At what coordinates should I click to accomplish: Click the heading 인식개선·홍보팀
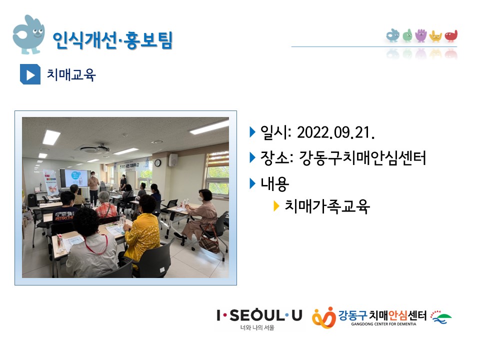point(112,40)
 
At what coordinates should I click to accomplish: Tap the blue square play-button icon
point(30,74)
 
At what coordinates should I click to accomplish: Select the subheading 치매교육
point(71,74)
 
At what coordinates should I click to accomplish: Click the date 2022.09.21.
point(336,132)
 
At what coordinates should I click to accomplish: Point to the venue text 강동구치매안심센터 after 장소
point(362,158)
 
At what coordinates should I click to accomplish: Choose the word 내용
point(274,184)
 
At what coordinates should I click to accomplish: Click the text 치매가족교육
point(327,206)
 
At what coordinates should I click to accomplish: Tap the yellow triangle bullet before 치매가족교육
point(276,206)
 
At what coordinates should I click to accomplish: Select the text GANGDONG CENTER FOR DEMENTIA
point(383,324)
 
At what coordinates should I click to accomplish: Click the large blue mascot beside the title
point(29,34)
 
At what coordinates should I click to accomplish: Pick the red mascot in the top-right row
point(451,36)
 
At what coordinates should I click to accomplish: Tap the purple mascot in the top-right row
point(421,35)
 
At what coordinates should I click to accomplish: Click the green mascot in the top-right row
point(407,35)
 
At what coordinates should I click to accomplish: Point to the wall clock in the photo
point(157,163)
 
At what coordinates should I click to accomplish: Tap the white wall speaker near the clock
point(173,160)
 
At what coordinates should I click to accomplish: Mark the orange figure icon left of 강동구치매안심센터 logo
point(324,318)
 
